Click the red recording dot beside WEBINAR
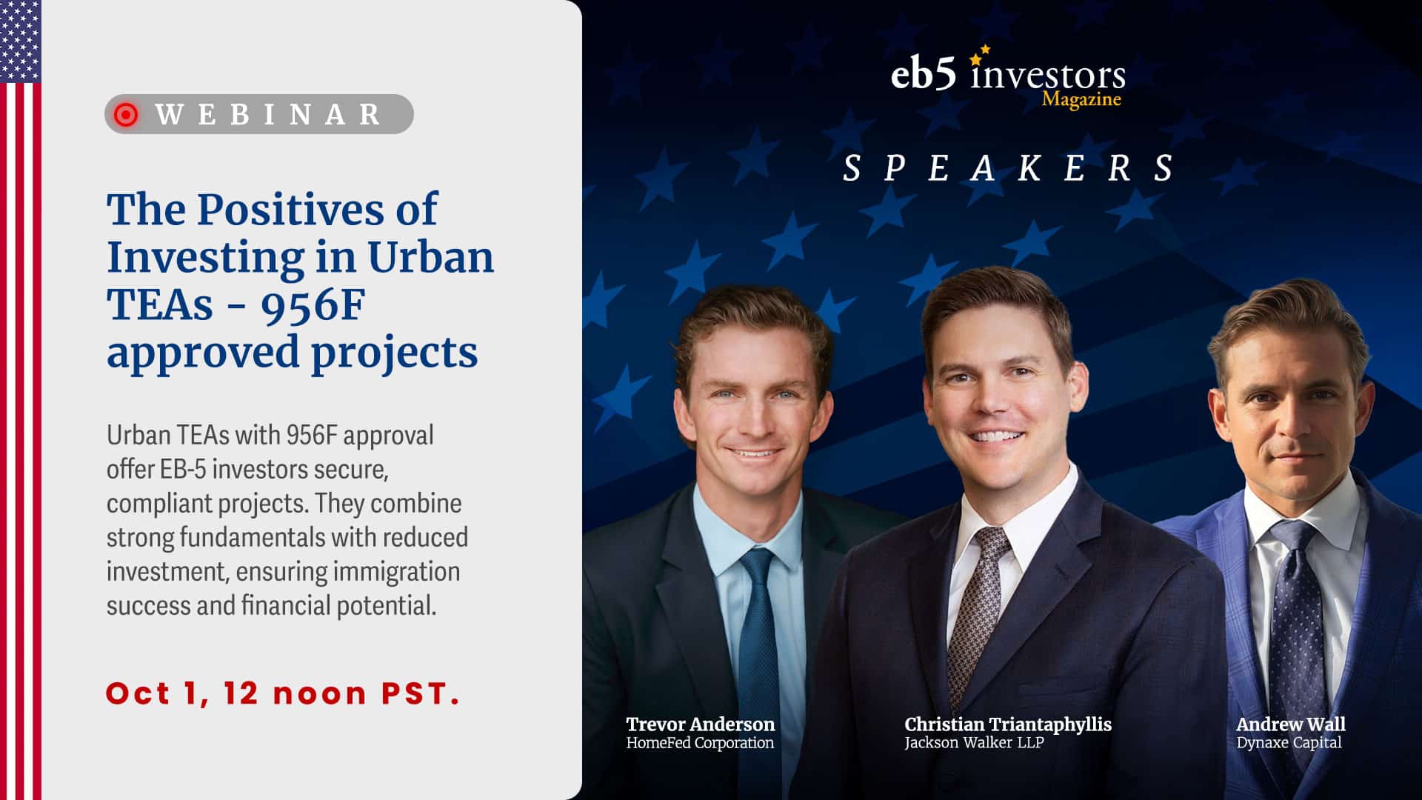point(126,114)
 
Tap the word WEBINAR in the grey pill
point(268,114)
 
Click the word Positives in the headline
point(290,210)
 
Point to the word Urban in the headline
point(430,257)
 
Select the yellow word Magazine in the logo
point(1081,99)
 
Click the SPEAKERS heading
point(1008,168)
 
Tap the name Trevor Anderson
point(700,724)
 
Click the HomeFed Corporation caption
point(700,742)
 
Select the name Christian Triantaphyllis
point(1008,724)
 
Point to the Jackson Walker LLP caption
point(974,742)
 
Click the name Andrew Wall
point(1290,724)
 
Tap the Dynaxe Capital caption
point(1289,743)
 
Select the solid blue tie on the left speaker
point(758,644)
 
